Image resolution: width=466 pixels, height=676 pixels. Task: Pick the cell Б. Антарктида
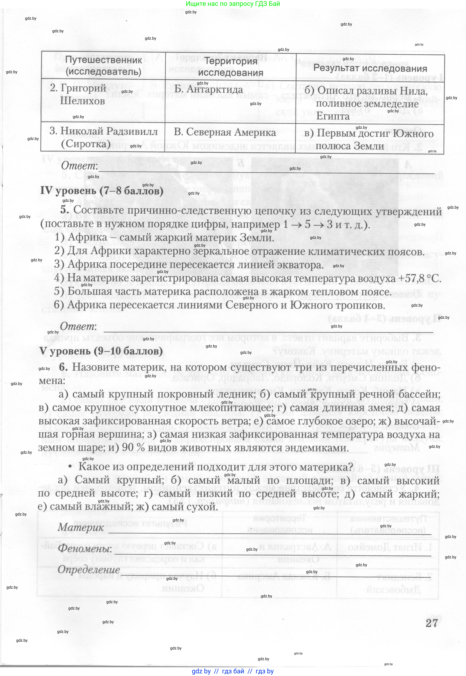pyautogui.click(x=209, y=89)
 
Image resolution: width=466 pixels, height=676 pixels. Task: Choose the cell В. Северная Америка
pyautogui.click(x=225, y=132)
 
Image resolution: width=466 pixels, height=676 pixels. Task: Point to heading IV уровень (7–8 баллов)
pyautogui.click(x=102, y=191)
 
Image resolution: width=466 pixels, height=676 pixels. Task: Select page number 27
pyautogui.click(x=431, y=623)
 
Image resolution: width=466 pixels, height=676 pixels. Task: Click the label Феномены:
pyautogui.click(x=85, y=549)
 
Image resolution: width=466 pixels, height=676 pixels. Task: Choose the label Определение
pyautogui.click(x=85, y=569)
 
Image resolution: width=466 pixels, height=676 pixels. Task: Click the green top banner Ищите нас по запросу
pyautogui.click(x=233, y=4)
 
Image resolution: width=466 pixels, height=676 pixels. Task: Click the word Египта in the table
pyautogui.click(x=333, y=116)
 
